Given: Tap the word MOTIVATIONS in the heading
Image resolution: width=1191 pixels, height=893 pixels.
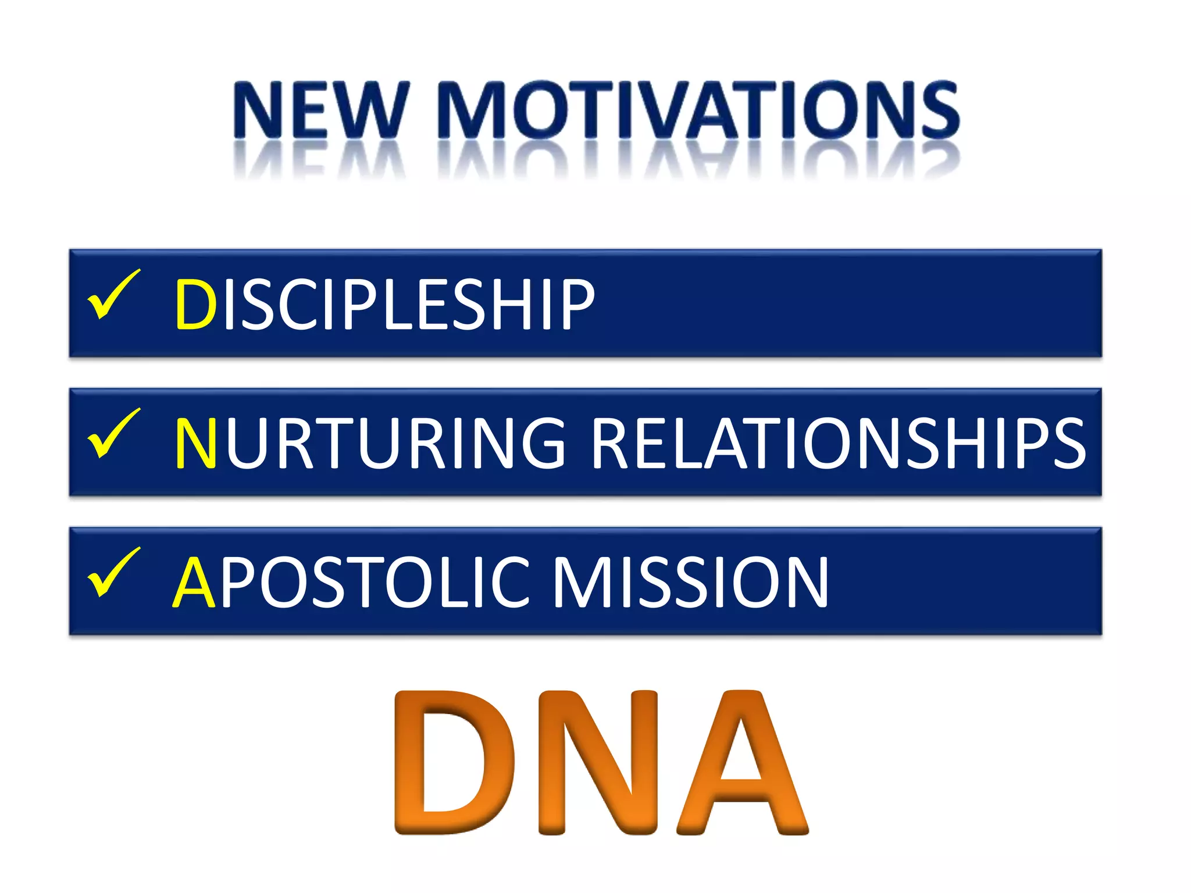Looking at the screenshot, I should (698, 110).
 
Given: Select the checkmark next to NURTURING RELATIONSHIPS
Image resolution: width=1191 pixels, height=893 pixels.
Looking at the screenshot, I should (113, 433).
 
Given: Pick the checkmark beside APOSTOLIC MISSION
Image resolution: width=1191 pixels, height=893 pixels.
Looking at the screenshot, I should (113, 572).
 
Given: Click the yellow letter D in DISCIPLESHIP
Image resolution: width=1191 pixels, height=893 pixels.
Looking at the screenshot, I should (195, 304).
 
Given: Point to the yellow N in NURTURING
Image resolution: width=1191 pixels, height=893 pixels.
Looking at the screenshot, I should (195, 443).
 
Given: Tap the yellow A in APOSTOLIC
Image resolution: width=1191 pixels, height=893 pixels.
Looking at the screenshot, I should (194, 582).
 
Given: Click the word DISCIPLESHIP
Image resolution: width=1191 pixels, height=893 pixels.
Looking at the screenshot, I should (384, 304).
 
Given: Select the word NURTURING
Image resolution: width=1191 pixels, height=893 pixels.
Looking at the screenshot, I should (370, 443).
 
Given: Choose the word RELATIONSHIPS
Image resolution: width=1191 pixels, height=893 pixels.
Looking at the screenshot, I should (838, 443).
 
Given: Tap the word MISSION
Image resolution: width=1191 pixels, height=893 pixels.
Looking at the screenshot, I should (690, 582).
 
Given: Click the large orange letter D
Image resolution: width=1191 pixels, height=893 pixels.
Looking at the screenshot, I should (454, 762).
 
